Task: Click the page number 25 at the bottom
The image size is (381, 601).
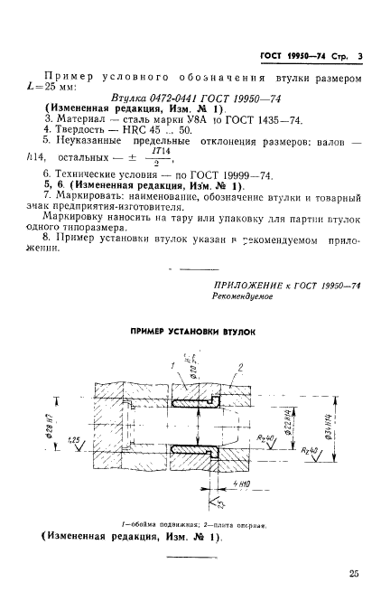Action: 352,571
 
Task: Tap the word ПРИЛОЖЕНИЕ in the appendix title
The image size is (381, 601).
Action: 246,285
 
